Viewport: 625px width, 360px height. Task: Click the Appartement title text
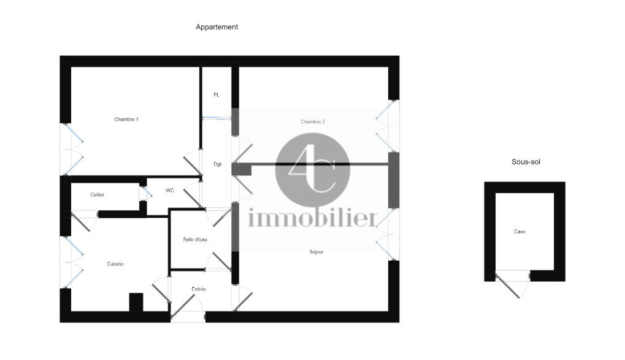tap(217, 27)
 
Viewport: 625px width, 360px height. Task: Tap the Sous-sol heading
tap(526, 162)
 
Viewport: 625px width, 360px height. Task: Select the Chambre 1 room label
tap(126, 119)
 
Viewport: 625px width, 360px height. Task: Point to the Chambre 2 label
tap(313, 121)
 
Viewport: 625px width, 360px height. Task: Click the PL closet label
tap(217, 95)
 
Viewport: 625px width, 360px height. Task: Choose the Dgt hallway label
tap(217, 164)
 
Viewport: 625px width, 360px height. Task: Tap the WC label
tap(170, 191)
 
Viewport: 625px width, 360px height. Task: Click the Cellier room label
tap(98, 194)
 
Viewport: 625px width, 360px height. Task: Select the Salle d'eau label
tap(195, 240)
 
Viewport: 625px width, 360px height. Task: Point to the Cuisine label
tap(115, 264)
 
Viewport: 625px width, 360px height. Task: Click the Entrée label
tap(199, 289)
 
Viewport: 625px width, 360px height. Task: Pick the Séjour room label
tap(316, 252)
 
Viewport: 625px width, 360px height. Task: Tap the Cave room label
tap(520, 232)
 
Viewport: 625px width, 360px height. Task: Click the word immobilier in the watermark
tap(312, 218)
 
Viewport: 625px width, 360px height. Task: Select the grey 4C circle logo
tap(313, 170)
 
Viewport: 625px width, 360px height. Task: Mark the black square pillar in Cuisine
tap(136, 302)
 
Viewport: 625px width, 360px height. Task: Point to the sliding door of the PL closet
tap(217, 118)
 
